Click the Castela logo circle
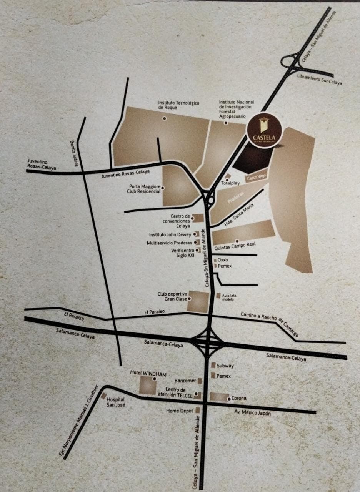pyautogui.click(x=264, y=131)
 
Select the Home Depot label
pyautogui.click(x=180, y=411)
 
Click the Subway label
pyautogui.click(x=225, y=366)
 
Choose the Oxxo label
pyautogui.click(x=223, y=260)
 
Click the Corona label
pyautogui.click(x=239, y=398)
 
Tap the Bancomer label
pyautogui.click(x=185, y=381)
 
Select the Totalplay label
pyautogui.click(x=230, y=183)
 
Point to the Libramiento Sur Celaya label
pyautogui.click(x=319, y=80)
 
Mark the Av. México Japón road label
pyautogui.click(x=253, y=413)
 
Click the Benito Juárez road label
pyautogui.click(x=74, y=153)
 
